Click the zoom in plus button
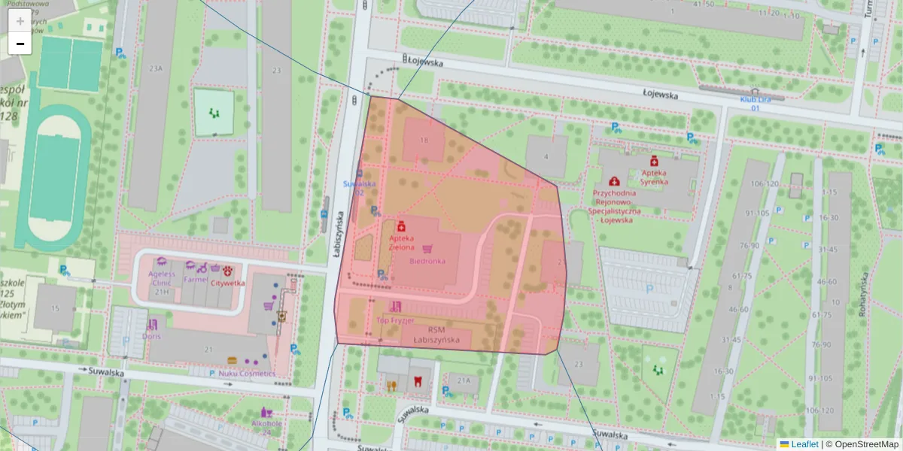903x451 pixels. pos(20,21)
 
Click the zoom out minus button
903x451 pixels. pos(20,44)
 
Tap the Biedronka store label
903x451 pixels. pos(427,261)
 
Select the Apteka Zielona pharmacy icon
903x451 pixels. pos(401,226)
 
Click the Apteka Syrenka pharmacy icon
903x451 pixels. pos(654,162)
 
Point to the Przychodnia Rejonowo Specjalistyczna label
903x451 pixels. pos(613,201)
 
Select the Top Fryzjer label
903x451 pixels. pos(395,320)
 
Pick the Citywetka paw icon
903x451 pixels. pos(227,271)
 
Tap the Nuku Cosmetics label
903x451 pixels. pos(242,373)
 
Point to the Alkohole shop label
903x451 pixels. pos(266,423)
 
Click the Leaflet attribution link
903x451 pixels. pos(804,444)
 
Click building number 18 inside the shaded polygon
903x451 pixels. pos(424,141)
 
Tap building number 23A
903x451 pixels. pos(156,68)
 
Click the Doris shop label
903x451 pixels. pos(152,335)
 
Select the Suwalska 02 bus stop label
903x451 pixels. pos(359,187)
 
